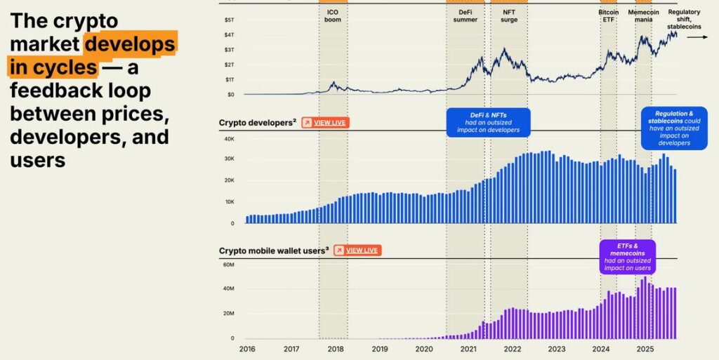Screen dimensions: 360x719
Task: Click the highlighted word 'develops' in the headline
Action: [x=130, y=44]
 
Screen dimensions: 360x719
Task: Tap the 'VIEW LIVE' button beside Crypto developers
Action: [x=325, y=123]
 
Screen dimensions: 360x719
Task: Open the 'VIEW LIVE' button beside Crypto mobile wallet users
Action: [x=357, y=250]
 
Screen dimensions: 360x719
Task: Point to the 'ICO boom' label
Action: [x=332, y=15]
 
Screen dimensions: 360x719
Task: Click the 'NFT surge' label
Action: [x=510, y=15]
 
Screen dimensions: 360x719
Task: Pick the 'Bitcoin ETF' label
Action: [x=608, y=15]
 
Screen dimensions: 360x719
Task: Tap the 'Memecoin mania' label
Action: [x=642, y=15]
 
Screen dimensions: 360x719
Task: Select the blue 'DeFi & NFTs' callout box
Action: [x=489, y=122]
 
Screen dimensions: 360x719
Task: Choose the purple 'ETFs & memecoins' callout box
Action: [x=628, y=256]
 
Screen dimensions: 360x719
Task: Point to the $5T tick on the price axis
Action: [x=229, y=20]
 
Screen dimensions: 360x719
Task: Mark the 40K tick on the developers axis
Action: [x=229, y=138]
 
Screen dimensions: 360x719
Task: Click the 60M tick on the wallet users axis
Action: [x=228, y=265]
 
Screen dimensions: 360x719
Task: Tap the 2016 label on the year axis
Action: [x=247, y=349]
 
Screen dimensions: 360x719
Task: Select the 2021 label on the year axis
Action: [x=468, y=349]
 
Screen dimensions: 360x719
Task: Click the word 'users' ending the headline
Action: [x=38, y=160]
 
